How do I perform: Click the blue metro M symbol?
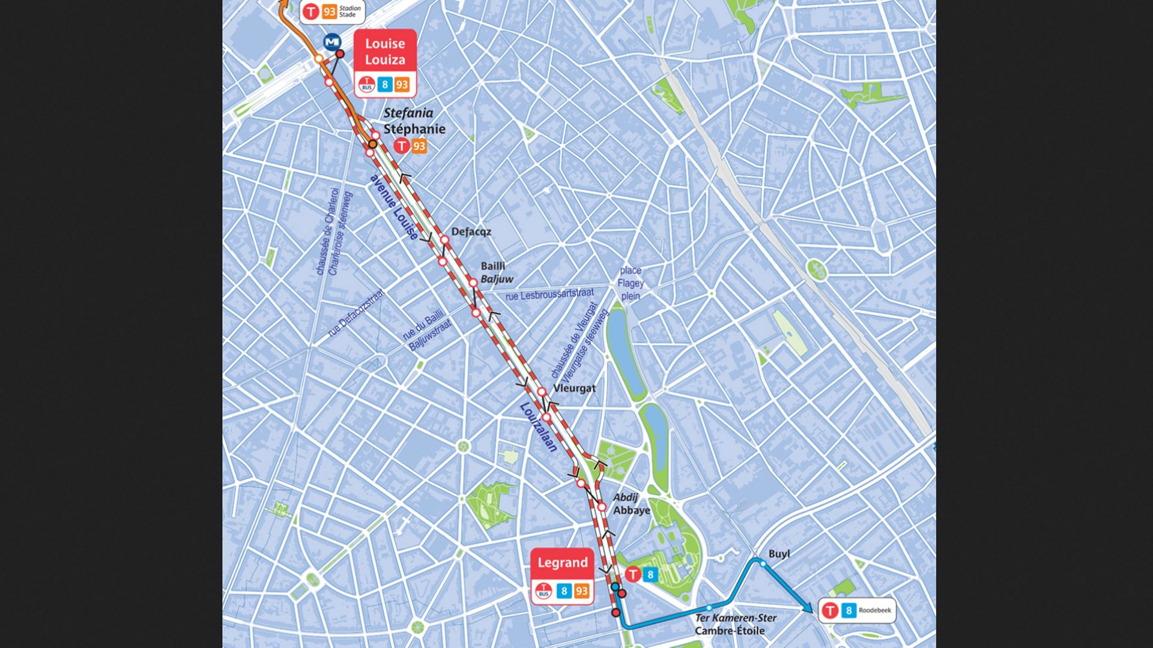332,42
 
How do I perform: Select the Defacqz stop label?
471,232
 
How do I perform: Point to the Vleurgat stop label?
574,388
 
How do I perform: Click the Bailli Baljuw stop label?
497,272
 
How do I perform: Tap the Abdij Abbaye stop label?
631,504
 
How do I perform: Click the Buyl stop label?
779,554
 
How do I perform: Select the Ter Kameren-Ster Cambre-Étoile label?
735,624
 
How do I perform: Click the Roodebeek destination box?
857,611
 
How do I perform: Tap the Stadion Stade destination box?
332,11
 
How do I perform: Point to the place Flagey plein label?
631,283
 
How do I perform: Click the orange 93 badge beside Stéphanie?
419,146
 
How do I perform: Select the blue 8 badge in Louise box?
385,85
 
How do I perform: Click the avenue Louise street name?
394,208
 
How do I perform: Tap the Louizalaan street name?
539,427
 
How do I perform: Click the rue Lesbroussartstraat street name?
549,295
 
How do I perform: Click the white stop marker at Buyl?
763,563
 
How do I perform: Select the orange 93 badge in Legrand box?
581,592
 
